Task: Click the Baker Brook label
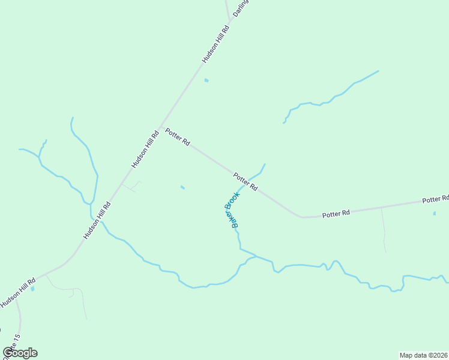232,209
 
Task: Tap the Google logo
20,353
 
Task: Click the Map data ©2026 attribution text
424,355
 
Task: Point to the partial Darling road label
241,8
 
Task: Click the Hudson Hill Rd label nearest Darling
216,44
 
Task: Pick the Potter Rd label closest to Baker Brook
246,181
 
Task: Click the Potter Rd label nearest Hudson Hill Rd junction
178,137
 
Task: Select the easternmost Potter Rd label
435,199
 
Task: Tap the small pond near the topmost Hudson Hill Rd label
206,80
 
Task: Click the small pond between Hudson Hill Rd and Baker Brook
182,187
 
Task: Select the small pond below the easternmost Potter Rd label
435,213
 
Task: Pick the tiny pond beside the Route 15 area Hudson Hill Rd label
32,289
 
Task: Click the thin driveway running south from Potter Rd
383,228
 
